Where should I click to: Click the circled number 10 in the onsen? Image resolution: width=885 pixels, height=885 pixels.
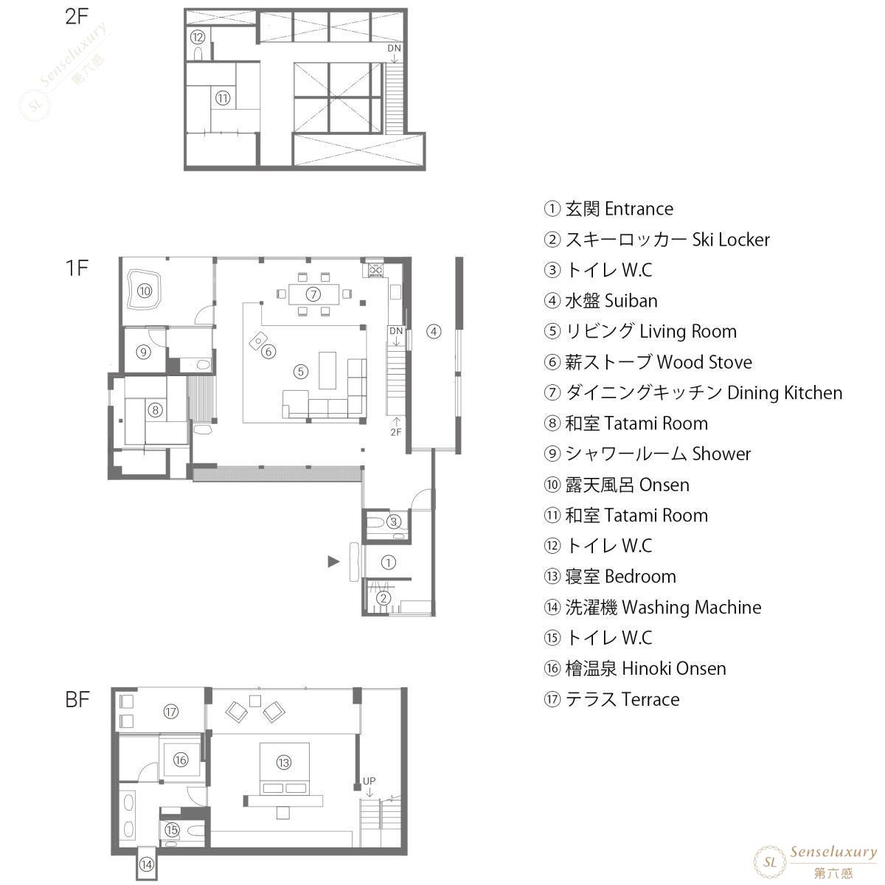[x=145, y=291]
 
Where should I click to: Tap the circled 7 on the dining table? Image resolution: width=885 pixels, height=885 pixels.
[x=313, y=294]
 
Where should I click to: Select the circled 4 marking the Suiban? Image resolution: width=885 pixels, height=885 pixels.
[x=434, y=331]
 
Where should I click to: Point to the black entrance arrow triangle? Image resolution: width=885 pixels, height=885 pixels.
[x=333, y=561]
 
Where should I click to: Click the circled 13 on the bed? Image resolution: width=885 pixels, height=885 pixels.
[x=284, y=763]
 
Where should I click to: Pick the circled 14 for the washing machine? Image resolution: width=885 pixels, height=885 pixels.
[x=147, y=864]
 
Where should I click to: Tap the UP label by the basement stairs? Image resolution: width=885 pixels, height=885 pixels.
[x=369, y=781]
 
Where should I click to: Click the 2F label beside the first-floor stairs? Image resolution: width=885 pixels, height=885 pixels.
[x=396, y=431]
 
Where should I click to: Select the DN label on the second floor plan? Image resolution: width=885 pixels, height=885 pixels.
[x=394, y=48]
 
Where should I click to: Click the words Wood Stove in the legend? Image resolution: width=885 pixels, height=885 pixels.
[x=704, y=362]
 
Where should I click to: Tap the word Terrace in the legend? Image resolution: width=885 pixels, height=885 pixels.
[x=650, y=699]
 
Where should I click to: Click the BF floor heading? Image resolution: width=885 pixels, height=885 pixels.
[x=77, y=699]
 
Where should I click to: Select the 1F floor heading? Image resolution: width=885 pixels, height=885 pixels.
[x=77, y=268]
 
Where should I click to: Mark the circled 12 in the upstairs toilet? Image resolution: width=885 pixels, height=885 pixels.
[x=198, y=37]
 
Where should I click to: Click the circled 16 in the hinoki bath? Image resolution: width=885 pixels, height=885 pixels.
[x=181, y=760]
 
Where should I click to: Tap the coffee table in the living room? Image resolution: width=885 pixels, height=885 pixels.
[x=327, y=370]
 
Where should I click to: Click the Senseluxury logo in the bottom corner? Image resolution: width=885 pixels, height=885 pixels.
[x=815, y=861]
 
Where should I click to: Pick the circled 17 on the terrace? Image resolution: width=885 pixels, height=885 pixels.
[x=171, y=712]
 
